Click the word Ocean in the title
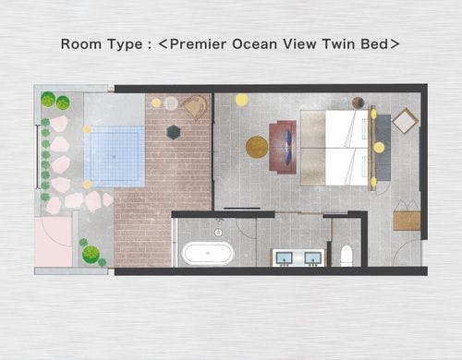pyautogui.click(x=254, y=44)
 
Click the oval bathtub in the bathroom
pyautogui.click(x=209, y=253)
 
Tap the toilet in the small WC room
pyautogui.click(x=346, y=256)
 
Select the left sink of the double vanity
pyautogui.click(x=284, y=258)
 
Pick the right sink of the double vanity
pyautogui.click(x=312, y=258)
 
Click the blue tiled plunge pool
pyautogui.click(x=115, y=156)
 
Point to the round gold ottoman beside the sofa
pyautogui.click(x=257, y=147)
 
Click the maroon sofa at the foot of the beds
pyautogui.click(x=283, y=147)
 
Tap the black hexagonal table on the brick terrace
pyautogui.click(x=174, y=132)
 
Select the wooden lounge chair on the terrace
pyautogui.click(x=195, y=107)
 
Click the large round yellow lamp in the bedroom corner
pyautogui.click(x=242, y=100)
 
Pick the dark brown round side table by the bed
pyautogui.click(x=359, y=102)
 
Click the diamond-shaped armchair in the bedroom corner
pyautogui.click(x=405, y=121)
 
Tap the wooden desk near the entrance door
pyautogui.click(x=407, y=221)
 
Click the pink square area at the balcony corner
pyautogui.click(x=53, y=242)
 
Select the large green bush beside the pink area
pyautogui.click(x=91, y=254)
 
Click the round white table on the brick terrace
pyautogui.click(x=171, y=103)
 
